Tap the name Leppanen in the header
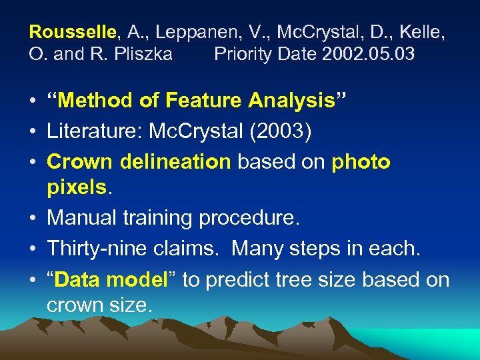[x=197, y=31]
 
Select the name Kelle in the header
[x=423, y=31]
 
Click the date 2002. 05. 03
[x=369, y=54]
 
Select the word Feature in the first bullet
[x=203, y=101]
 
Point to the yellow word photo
[x=361, y=162]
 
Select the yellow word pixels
[x=76, y=187]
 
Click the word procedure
[x=253, y=218]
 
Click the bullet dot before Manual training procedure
[x=32, y=218]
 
